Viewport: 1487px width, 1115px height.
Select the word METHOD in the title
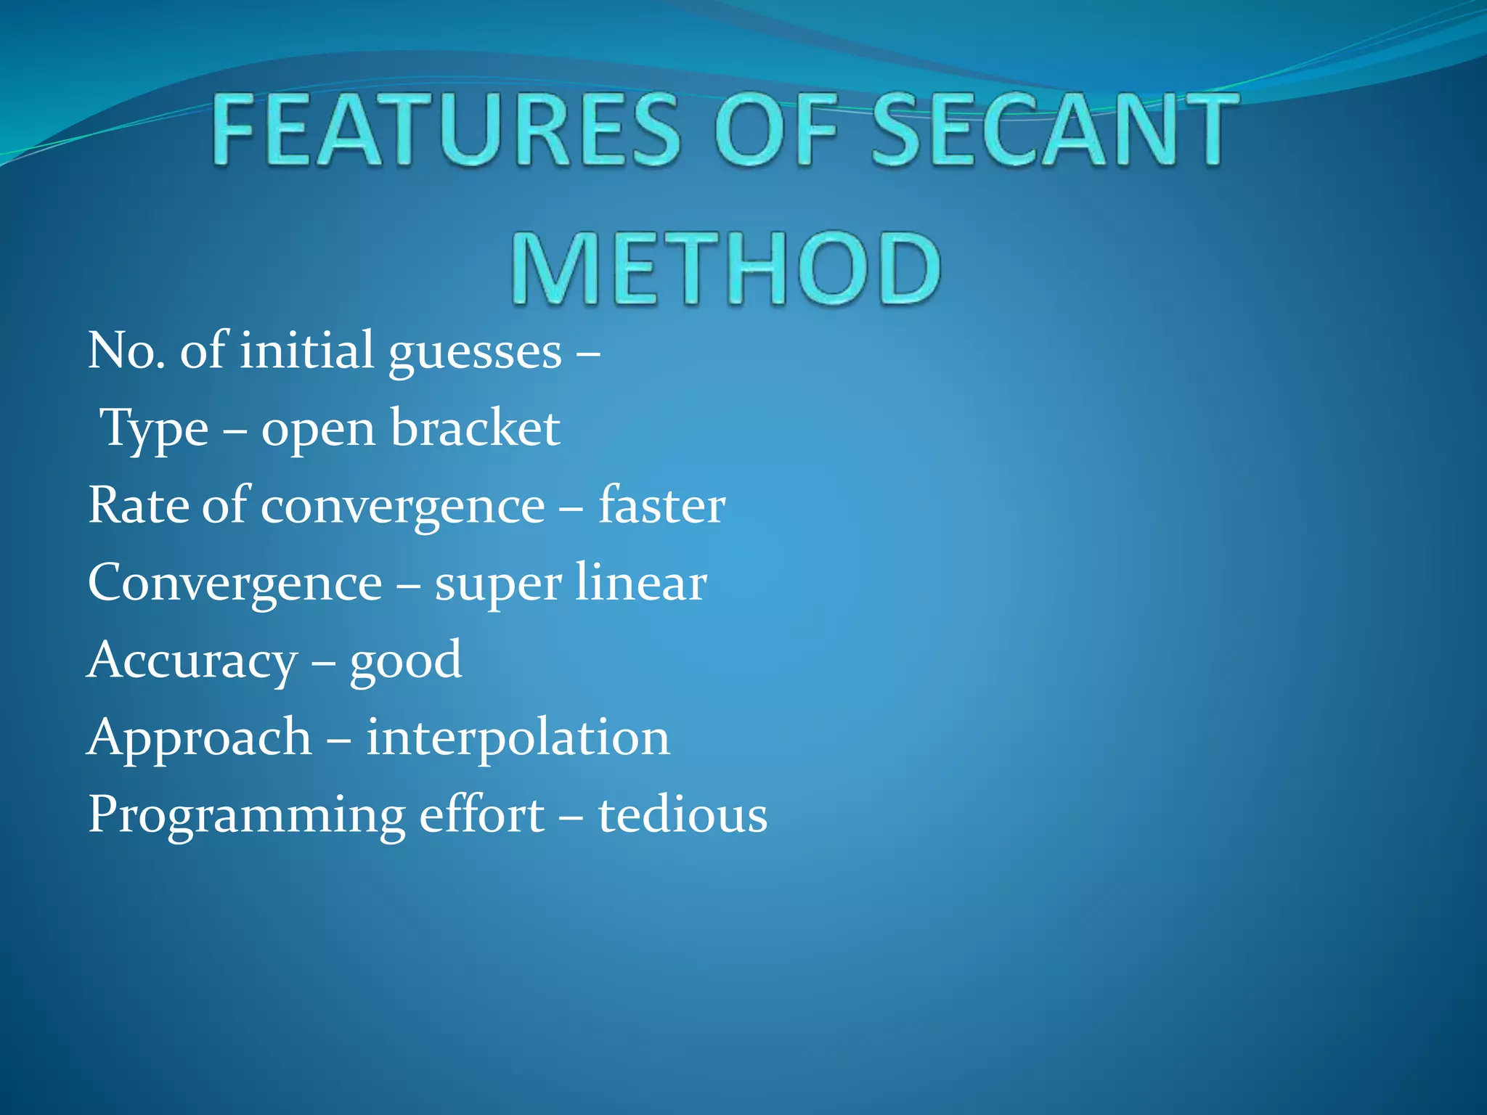(x=726, y=269)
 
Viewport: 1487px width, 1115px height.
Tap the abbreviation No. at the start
(x=126, y=351)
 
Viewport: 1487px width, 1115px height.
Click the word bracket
(x=476, y=428)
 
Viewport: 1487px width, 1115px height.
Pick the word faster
(x=661, y=506)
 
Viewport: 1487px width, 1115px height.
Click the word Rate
(x=139, y=506)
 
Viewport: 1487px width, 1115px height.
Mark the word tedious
(x=683, y=815)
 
